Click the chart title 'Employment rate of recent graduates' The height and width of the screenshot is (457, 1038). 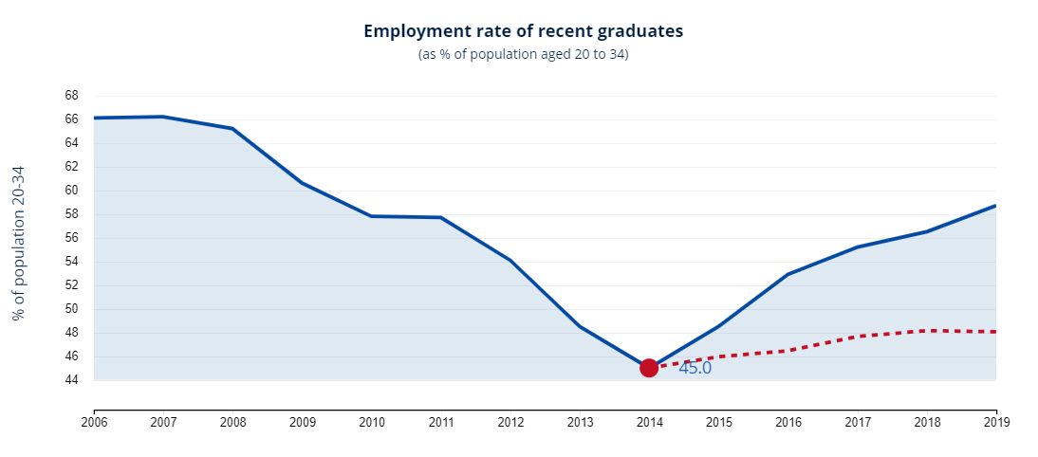point(523,31)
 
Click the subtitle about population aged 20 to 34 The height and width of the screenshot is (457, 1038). point(523,55)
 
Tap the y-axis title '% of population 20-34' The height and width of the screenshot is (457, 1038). point(18,243)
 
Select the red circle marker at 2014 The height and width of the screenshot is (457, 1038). point(649,368)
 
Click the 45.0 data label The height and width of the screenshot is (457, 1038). point(695,368)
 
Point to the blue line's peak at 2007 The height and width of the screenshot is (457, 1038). point(163,117)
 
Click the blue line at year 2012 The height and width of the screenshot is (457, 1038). point(510,260)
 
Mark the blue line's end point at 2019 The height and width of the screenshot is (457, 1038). point(995,206)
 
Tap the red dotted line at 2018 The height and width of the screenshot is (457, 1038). point(927,331)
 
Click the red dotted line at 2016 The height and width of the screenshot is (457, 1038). point(788,351)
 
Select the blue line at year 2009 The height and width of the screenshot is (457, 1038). point(302,182)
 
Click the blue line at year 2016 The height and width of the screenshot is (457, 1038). point(788,274)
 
